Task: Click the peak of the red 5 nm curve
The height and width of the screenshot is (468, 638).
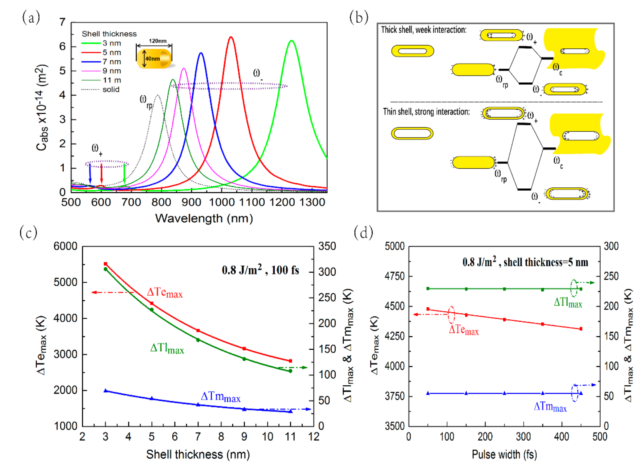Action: pyautogui.click(x=231, y=37)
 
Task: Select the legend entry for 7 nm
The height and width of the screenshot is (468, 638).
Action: pyautogui.click(x=112, y=62)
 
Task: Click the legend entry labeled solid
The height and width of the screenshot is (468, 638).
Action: pyautogui.click(x=111, y=90)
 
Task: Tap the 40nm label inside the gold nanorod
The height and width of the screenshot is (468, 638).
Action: pyautogui.click(x=152, y=59)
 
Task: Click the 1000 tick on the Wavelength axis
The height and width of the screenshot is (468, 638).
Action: pyautogui.click(x=222, y=202)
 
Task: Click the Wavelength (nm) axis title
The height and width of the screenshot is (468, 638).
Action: pyautogui.click(x=204, y=218)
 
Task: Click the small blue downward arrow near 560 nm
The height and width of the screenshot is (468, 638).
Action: pyautogui.click(x=90, y=173)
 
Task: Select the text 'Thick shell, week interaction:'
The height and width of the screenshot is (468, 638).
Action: pyautogui.click(x=423, y=30)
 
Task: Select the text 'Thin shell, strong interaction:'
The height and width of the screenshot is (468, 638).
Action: pyautogui.click(x=426, y=112)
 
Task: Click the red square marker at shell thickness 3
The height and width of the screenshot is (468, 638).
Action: pyautogui.click(x=105, y=264)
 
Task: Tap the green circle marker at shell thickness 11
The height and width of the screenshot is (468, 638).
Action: pyautogui.click(x=290, y=371)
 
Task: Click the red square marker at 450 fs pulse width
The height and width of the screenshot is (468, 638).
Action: pyautogui.click(x=581, y=329)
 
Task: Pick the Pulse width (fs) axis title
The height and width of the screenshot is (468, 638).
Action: pyautogui.click(x=504, y=454)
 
